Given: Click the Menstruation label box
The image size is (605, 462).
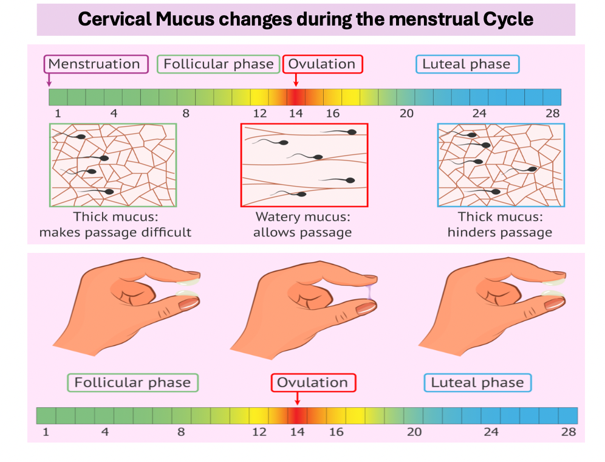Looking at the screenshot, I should click(x=95, y=64).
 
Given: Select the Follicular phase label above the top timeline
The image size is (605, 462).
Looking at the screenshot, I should click(x=219, y=64).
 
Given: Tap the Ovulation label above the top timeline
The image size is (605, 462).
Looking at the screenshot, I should click(x=322, y=64).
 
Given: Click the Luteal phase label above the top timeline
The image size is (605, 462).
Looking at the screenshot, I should click(x=467, y=64).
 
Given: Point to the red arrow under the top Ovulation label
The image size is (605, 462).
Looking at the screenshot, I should click(x=296, y=80).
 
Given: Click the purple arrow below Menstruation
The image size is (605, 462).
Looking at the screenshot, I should click(x=49, y=80).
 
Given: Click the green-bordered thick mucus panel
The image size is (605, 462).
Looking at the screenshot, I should click(x=113, y=165).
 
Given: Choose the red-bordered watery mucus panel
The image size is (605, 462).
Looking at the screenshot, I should click(x=304, y=165).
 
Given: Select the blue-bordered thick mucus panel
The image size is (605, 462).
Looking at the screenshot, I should click(x=501, y=165).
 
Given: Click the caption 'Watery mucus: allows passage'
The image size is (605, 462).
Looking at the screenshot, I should click(x=302, y=224).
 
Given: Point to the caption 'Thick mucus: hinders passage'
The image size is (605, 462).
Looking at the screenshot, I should click(x=500, y=224).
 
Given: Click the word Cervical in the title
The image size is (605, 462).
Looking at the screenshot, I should click(x=114, y=19).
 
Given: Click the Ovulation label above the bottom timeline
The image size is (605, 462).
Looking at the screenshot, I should click(x=313, y=382).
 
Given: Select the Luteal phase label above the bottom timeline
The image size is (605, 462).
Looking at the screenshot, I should click(x=477, y=382).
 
